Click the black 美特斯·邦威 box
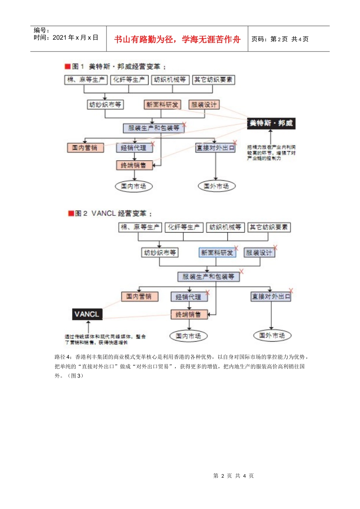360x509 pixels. click(x=271, y=123)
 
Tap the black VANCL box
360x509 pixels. click(x=87, y=314)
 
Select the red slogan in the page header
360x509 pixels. click(x=177, y=39)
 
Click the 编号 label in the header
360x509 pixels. click(x=41, y=30)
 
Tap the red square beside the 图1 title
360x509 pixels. click(x=67, y=67)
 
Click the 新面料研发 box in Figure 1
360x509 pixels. click(x=162, y=105)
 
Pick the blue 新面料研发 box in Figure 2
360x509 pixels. click(x=217, y=253)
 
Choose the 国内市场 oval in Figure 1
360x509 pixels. click(x=133, y=186)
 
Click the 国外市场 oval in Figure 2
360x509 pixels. click(x=272, y=336)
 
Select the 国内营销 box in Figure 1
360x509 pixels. click(x=85, y=148)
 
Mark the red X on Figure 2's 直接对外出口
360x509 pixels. click(x=291, y=291)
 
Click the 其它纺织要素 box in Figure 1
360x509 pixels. click(x=213, y=80)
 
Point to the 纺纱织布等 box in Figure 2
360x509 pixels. click(x=160, y=253)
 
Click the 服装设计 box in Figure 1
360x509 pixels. click(x=204, y=105)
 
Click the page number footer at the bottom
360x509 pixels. click(x=233, y=476)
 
